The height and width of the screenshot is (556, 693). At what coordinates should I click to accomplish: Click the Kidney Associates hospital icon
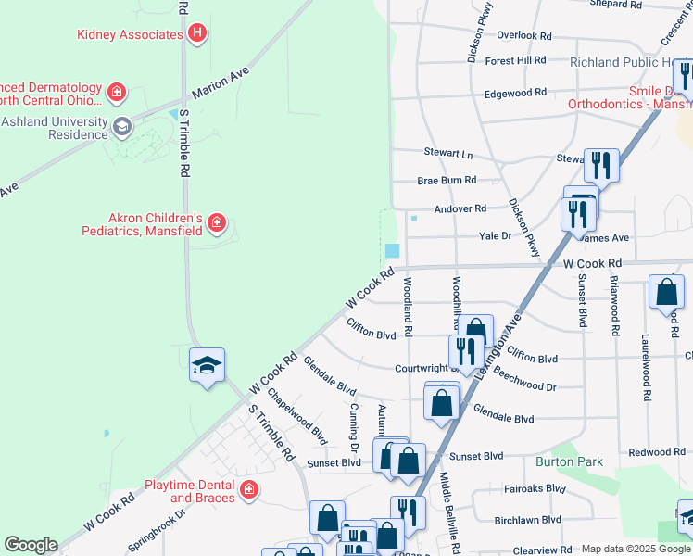[196, 34]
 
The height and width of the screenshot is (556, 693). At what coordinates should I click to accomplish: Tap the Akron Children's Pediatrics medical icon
[216, 222]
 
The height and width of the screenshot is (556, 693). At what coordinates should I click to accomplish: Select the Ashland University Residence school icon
[121, 125]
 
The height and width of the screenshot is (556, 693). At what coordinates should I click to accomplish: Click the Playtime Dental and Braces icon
[248, 490]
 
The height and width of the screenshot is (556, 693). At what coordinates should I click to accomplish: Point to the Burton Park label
[569, 461]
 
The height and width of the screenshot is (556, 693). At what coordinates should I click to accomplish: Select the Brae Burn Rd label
[447, 180]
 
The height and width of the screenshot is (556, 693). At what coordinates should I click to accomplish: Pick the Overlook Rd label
[523, 35]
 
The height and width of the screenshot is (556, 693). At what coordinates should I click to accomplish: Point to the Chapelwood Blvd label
[297, 415]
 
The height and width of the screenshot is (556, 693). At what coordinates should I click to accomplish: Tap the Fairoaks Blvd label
[535, 488]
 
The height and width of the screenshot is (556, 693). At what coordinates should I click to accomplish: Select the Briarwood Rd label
[614, 304]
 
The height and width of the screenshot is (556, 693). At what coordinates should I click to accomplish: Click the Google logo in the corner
[31, 545]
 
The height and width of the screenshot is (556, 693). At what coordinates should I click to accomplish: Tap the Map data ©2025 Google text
[635, 549]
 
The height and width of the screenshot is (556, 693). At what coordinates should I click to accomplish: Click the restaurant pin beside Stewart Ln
[601, 167]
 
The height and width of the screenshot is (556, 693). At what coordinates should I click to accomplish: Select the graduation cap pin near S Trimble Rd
[208, 366]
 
